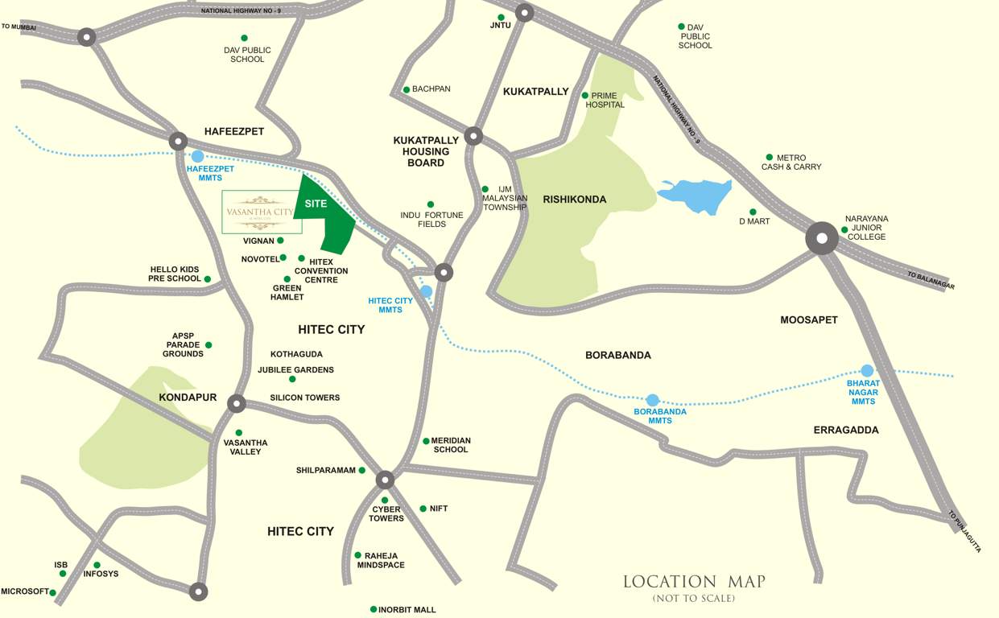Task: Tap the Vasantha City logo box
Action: pyautogui.click(x=262, y=212)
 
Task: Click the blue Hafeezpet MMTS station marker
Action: pyautogui.click(x=197, y=156)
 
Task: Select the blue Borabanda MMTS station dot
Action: pyautogui.click(x=653, y=400)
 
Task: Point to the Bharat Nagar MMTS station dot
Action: pyautogui.click(x=867, y=371)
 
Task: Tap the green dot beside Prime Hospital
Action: pyautogui.click(x=585, y=95)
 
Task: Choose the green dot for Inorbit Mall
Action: pyautogui.click(x=374, y=609)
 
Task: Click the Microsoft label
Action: pyautogui.click(x=25, y=591)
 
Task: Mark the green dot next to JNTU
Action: pyautogui.click(x=501, y=17)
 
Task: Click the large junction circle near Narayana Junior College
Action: pyautogui.click(x=822, y=239)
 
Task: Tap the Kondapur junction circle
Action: pyautogui.click(x=236, y=403)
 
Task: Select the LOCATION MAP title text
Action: pyautogui.click(x=694, y=581)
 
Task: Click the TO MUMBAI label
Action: pyautogui.click(x=18, y=27)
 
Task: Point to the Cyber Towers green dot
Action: pyautogui.click(x=385, y=501)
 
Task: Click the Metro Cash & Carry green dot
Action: pyautogui.click(x=770, y=157)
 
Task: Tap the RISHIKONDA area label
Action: pyautogui.click(x=574, y=199)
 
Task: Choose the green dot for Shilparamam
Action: pyautogui.click(x=362, y=470)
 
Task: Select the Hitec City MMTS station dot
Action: pyautogui.click(x=426, y=291)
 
